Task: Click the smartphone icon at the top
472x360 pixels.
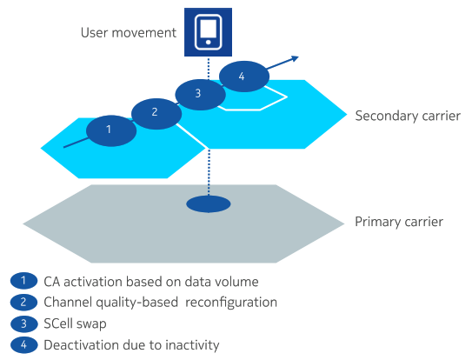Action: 207,30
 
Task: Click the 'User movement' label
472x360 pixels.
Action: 128,33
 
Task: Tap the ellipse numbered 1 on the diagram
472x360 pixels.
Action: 110,130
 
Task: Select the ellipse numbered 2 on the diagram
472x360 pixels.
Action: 155,111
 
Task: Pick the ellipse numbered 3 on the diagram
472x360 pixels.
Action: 199,93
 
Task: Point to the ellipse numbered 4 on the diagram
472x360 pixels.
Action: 243,77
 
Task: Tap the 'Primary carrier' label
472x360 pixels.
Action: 398,222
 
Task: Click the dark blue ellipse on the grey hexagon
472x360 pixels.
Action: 208,204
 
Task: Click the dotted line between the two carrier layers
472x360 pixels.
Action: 208,170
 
